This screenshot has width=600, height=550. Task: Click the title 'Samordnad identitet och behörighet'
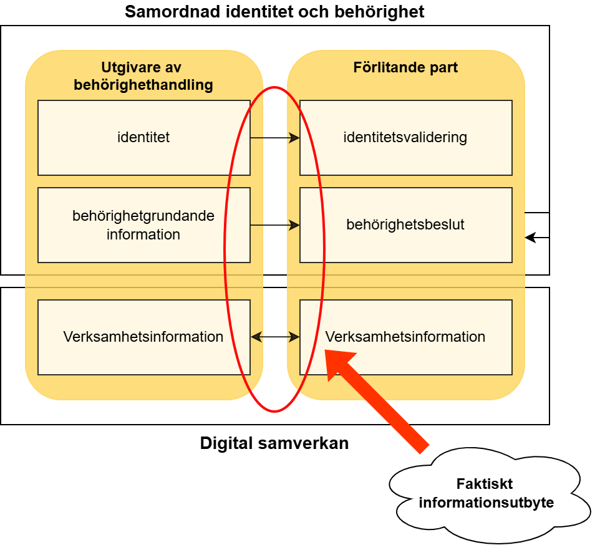click(274, 12)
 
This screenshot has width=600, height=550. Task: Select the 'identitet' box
click(143, 137)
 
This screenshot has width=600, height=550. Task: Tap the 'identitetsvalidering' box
click(405, 137)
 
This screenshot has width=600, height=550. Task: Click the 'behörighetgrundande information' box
click(143, 225)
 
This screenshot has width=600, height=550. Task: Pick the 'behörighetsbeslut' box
click(405, 225)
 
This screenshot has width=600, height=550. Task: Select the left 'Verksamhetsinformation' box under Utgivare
click(143, 337)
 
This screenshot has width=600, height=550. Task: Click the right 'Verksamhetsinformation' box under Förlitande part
click(405, 337)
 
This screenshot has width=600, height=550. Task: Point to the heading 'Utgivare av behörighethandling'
click(143, 76)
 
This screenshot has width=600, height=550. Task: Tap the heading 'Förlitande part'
click(405, 67)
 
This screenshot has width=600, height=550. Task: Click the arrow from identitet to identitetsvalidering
click(274, 138)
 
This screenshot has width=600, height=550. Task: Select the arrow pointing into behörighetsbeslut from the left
click(274, 225)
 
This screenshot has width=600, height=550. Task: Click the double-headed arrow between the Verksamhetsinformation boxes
click(275, 337)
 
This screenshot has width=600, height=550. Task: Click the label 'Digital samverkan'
click(274, 443)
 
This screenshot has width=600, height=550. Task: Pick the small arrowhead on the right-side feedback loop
click(531, 238)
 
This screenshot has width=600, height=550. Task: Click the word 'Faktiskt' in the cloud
click(484, 485)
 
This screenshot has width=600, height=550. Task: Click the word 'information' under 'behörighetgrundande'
click(143, 234)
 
